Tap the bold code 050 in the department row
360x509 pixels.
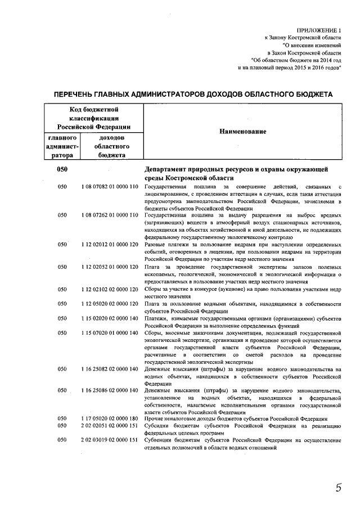(x=62, y=170)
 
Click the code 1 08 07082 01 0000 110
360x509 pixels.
(x=109, y=186)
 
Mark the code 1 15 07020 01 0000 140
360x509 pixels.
(x=109, y=332)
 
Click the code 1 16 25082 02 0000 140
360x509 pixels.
(x=109, y=369)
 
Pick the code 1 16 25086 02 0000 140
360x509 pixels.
(x=109, y=390)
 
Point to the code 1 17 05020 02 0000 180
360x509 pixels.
(x=109, y=419)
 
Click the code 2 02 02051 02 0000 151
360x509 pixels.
(x=109, y=426)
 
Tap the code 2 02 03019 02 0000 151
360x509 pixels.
(x=109, y=440)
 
